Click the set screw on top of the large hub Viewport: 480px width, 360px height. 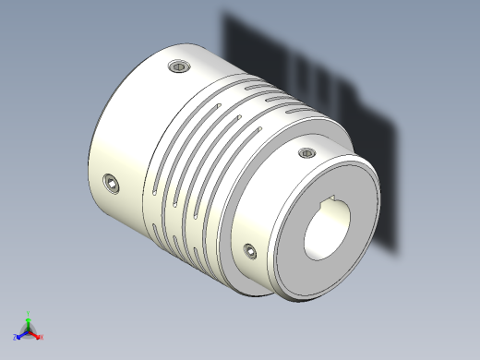pos(179,66)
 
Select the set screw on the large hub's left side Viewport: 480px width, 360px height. pos(113,184)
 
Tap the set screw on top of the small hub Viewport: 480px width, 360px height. pos(307,153)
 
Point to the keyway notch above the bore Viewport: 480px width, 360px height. pos(330,199)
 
